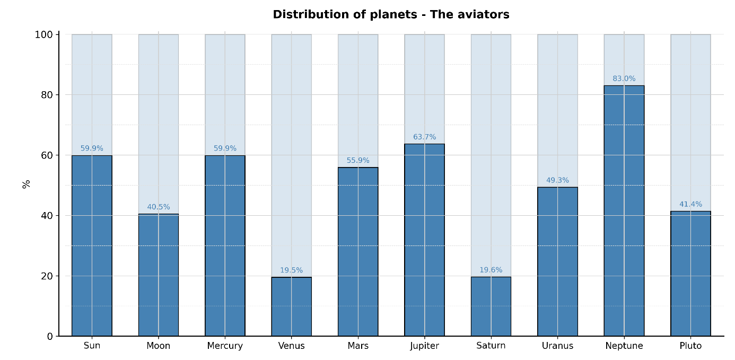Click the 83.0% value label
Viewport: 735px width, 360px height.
624,79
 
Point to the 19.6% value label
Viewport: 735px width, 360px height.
491,270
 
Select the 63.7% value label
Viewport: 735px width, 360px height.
424,137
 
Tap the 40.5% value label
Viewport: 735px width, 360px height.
158,207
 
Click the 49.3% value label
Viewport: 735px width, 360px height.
557,180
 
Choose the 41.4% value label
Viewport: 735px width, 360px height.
690,205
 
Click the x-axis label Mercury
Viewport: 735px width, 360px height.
225,346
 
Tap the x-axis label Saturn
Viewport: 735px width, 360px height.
491,346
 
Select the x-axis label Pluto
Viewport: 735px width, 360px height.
690,346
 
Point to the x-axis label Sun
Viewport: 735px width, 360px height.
92,346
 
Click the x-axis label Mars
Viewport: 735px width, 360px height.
358,346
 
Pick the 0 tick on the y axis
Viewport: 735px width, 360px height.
50,336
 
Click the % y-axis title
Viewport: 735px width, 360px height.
26,184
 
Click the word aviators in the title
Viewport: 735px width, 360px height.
483,15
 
